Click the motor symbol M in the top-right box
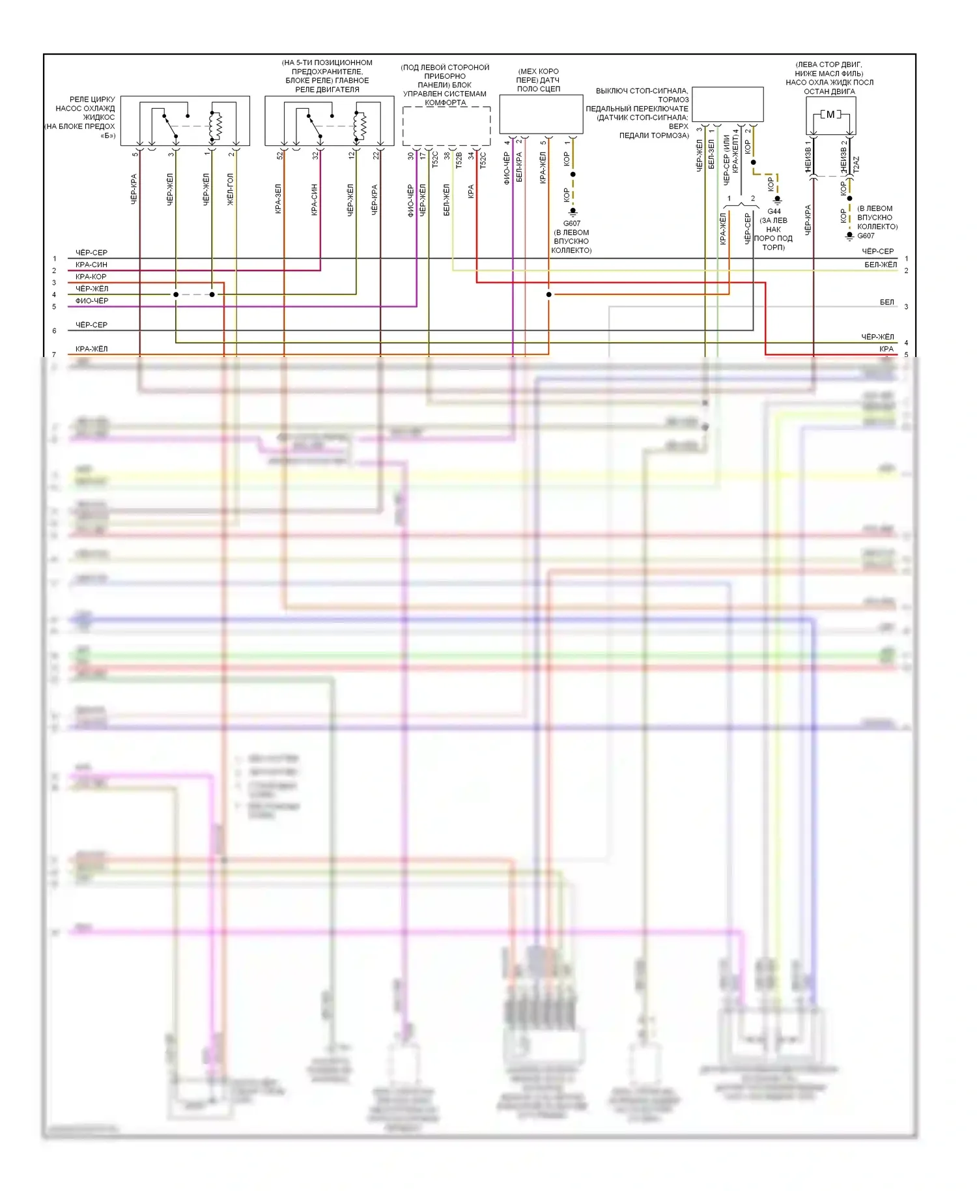coord(830,115)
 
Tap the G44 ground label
coord(774,211)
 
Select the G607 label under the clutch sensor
coord(571,223)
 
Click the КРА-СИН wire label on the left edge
coord(91,265)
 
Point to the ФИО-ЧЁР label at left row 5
coord(92,301)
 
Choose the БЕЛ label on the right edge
coord(886,302)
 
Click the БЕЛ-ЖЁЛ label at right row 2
coord(881,265)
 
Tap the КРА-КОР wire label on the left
coord(91,277)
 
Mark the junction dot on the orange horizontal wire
coord(548,294)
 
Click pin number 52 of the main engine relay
coord(280,155)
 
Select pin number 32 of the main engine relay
coord(316,155)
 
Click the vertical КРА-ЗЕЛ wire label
coord(278,198)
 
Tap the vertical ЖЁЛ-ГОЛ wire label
coord(230,190)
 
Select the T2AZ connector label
coord(856,164)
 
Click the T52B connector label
coord(459,160)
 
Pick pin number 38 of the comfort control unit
coord(447,156)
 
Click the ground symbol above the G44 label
coord(777,200)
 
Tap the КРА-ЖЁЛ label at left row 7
coord(91,349)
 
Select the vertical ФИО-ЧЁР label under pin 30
coord(410,200)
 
